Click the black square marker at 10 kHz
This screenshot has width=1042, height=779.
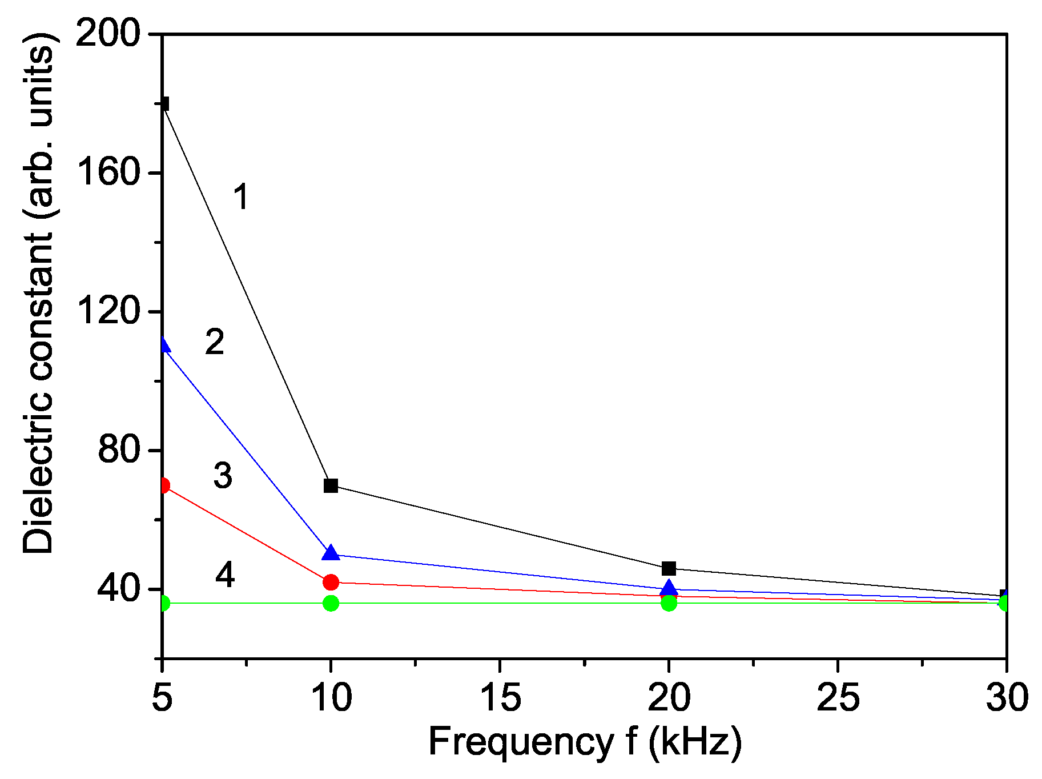[x=331, y=486]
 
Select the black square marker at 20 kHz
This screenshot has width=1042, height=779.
[x=669, y=569]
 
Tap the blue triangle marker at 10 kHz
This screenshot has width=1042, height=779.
[x=331, y=553]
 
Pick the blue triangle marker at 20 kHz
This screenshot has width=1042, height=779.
[x=669, y=588]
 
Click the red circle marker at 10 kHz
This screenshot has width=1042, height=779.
[x=331, y=583]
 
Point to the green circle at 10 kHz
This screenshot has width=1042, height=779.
[x=331, y=603]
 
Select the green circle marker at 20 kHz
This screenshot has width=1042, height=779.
[x=669, y=603]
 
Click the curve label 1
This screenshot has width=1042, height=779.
[x=242, y=197]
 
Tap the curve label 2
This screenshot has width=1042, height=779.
[x=215, y=342]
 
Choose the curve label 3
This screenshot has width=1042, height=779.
[x=223, y=475]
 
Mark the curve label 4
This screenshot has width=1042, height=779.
[x=225, y=575]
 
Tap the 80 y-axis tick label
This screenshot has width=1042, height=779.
[x=119, y=449]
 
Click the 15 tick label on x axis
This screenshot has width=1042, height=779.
[x=501, y=698]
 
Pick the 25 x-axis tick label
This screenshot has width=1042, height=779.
[x=838, y=698]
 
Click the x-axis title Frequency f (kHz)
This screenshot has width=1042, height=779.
[x=585, y=742]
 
